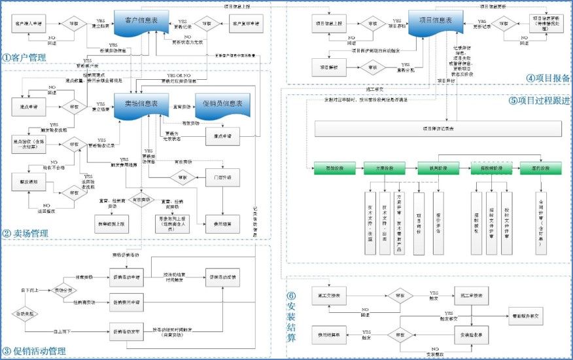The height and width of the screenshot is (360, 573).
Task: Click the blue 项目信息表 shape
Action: click(x=431, y=22)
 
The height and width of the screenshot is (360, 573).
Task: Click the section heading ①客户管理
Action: click(x=24, y=58)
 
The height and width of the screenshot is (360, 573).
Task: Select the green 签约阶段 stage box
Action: click(x=540, y=168)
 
